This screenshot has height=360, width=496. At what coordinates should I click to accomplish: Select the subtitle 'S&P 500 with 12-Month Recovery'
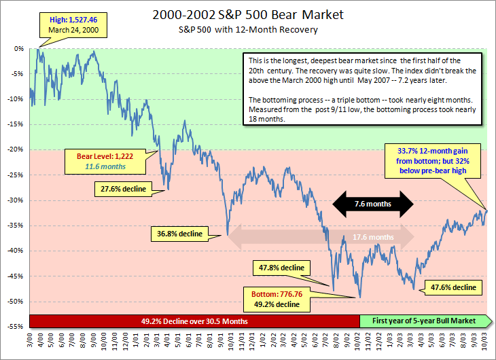tap(247, 30)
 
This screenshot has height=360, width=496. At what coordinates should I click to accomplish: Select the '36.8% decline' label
tap(180, 234)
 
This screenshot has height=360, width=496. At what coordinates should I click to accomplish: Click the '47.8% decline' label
tap(281, 267)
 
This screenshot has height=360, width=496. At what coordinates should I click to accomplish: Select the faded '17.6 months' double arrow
tap(321, 237)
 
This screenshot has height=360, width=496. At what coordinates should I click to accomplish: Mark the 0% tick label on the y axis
tap(20, 49)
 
